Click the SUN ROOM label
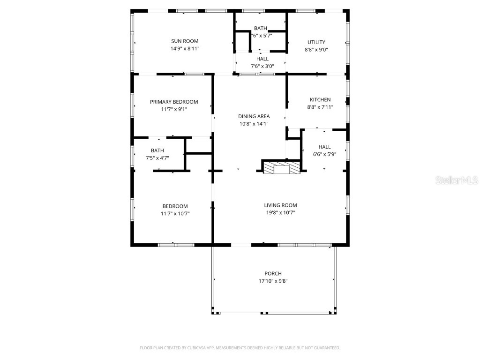coord(184,41)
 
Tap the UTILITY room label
coord(316,42)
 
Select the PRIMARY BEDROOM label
coord(174,102)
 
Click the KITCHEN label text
coord(320,99)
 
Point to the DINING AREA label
coord(254,116)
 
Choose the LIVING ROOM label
coord(280,205)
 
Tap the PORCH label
coord(273,273)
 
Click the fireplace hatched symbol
coord(281,168)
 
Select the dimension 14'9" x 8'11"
coord(185,49)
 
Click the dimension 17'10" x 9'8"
coord(273,281)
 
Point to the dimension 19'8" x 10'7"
coord(280,212)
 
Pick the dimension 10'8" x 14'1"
coord(254,124)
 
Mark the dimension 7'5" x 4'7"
coord(157,158)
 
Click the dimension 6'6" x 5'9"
coord(325,154)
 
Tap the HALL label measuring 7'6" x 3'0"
coord(262,59)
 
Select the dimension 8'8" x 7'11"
coord(320,107)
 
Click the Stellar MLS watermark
coord(457,180)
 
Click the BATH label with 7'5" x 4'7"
coord(157,150)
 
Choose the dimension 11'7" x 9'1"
coord(174,109)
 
